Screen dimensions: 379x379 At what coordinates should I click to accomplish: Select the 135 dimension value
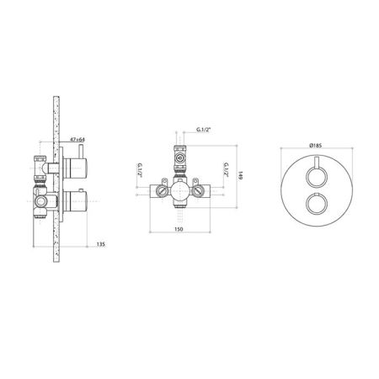[x=101, y=244]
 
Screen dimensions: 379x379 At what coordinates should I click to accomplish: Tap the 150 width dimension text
[x=179, y=229]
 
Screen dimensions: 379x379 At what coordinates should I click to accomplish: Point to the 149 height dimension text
[x=240, y=176]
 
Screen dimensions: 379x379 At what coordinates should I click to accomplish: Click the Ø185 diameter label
[x=315, y=146]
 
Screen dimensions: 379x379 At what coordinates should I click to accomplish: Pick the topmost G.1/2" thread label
[x=204, y=130]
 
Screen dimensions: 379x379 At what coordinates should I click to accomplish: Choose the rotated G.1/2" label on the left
[x=139, y=169]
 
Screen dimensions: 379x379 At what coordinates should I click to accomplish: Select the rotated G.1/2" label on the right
[x=226, y=169]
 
